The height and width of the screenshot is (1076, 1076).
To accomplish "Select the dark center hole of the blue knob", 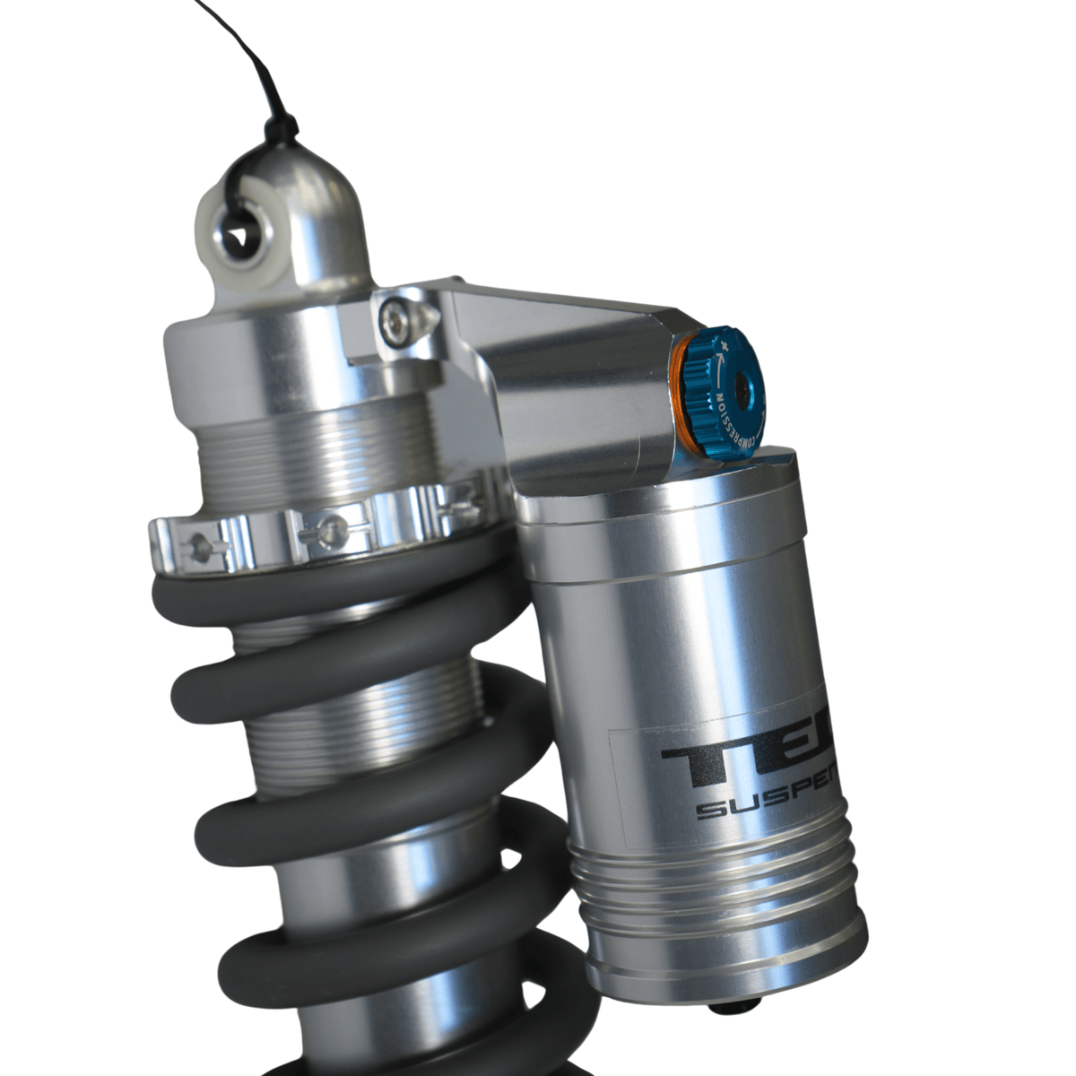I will (x=743, y=386).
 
